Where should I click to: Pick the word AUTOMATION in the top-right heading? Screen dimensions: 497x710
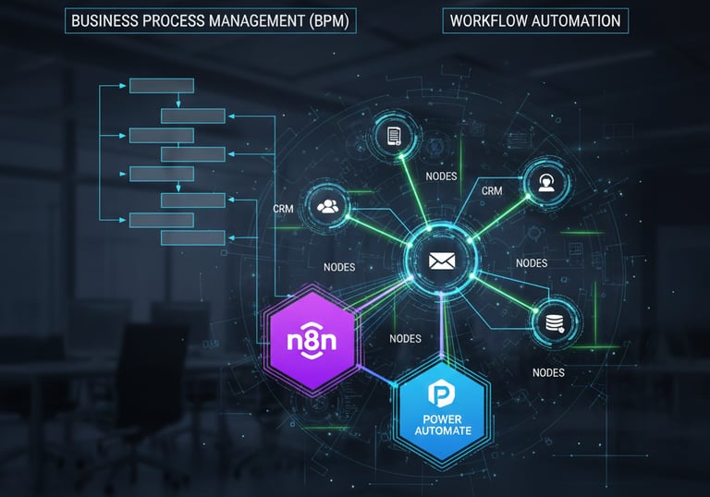579,21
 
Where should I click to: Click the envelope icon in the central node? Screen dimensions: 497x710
442,261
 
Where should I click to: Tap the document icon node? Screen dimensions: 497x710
395,137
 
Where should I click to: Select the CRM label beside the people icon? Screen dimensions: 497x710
284,209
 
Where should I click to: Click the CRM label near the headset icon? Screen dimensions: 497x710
492,191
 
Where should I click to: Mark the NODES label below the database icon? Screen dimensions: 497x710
548,372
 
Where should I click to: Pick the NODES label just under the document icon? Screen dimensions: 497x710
441,176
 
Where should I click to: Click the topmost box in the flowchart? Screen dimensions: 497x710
161,86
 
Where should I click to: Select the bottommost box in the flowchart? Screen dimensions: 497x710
193,237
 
